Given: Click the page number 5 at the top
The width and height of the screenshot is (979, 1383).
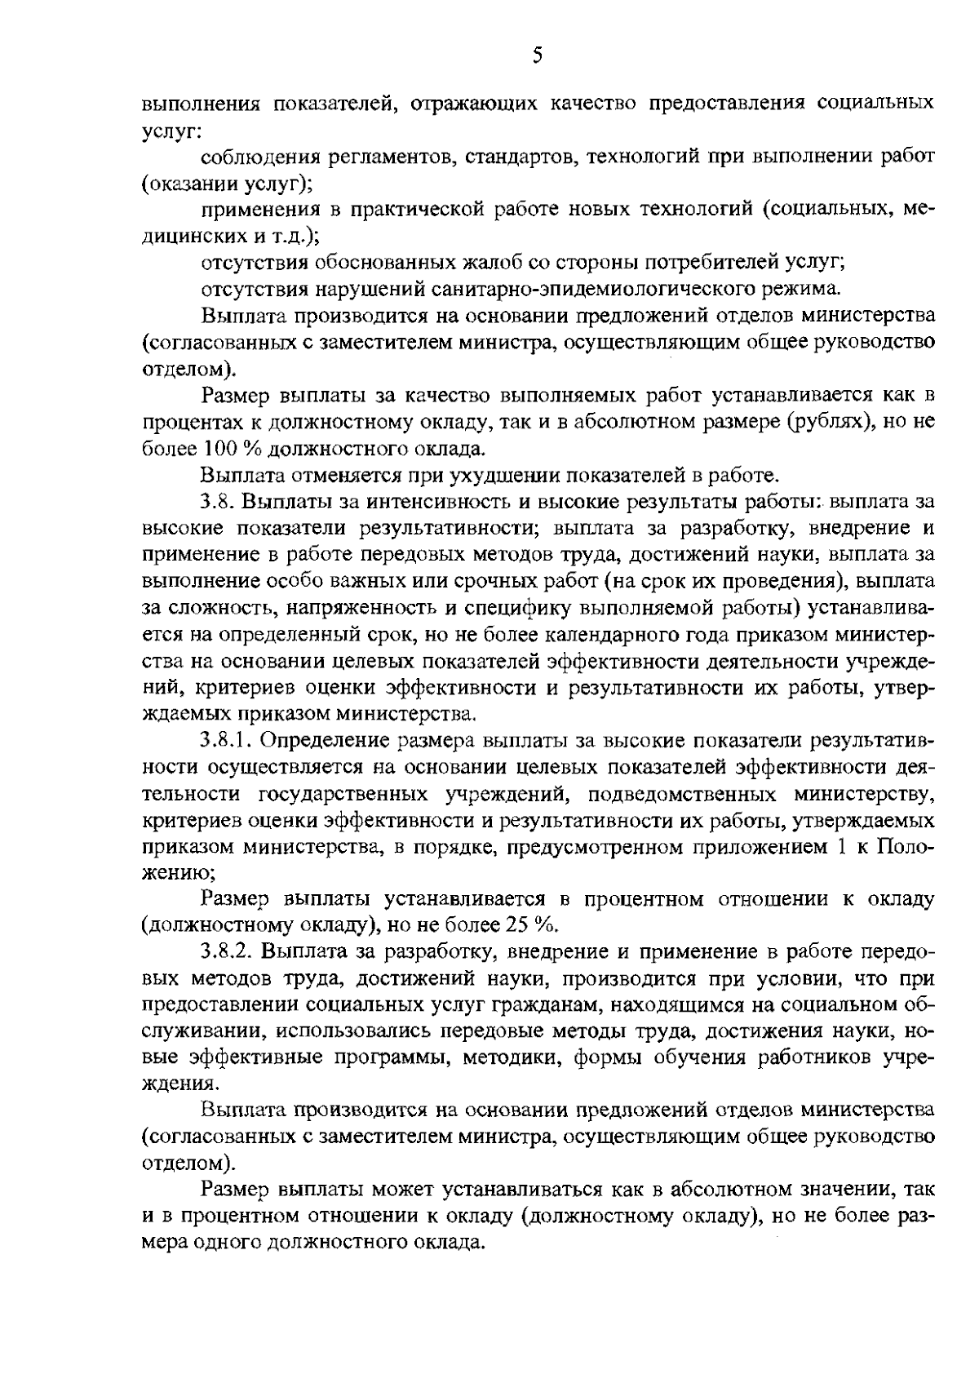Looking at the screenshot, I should pos(536,55).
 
